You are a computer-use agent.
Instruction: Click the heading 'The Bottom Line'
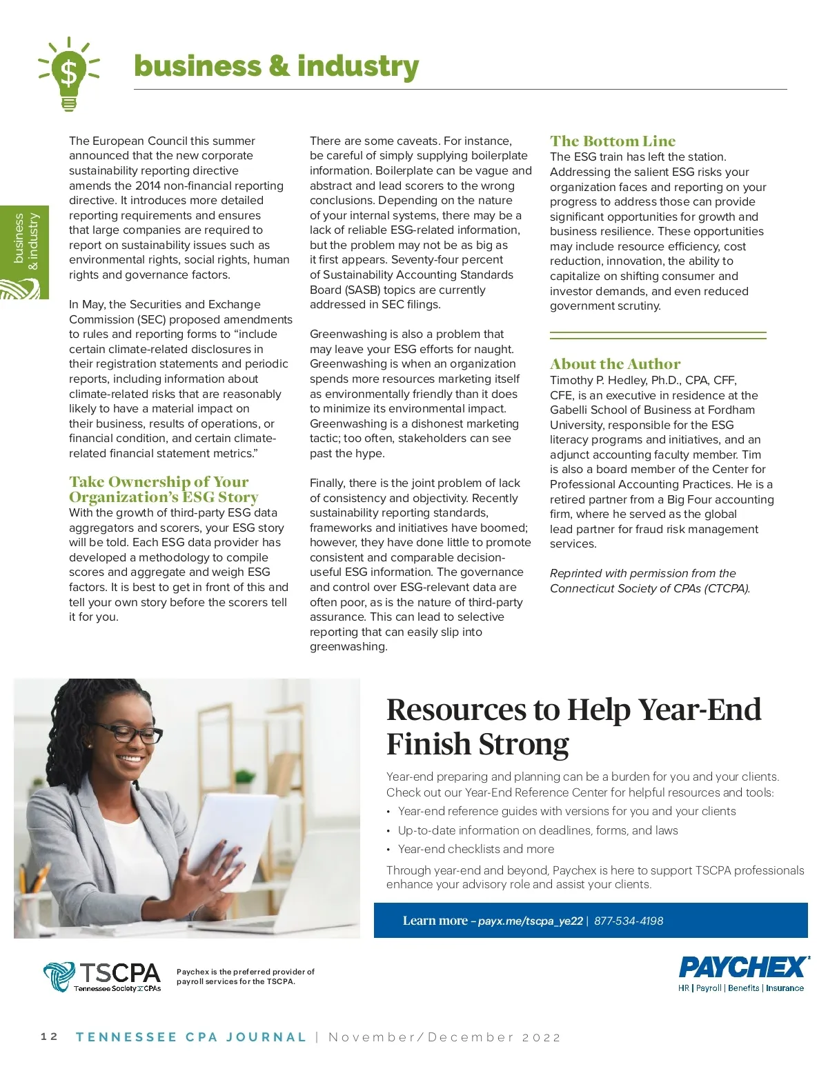[612, 141]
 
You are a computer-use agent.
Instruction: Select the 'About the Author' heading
[615, 364]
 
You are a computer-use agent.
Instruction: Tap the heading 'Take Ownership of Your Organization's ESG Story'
[163, 490]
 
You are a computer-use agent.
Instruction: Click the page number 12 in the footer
[49, 1037]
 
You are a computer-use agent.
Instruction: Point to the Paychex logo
[743, 973]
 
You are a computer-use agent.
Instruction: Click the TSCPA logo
[102, 977]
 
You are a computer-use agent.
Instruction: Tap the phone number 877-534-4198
[628, 921]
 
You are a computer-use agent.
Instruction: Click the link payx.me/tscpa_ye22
[530, 921]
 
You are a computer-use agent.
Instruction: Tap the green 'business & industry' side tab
[25, 252]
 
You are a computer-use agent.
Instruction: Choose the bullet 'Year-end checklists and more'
[475, 849]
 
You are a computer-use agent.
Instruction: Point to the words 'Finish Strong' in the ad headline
[477, 745]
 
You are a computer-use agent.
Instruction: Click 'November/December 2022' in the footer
[444, 1037]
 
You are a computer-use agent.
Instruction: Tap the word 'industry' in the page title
[357, 66]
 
